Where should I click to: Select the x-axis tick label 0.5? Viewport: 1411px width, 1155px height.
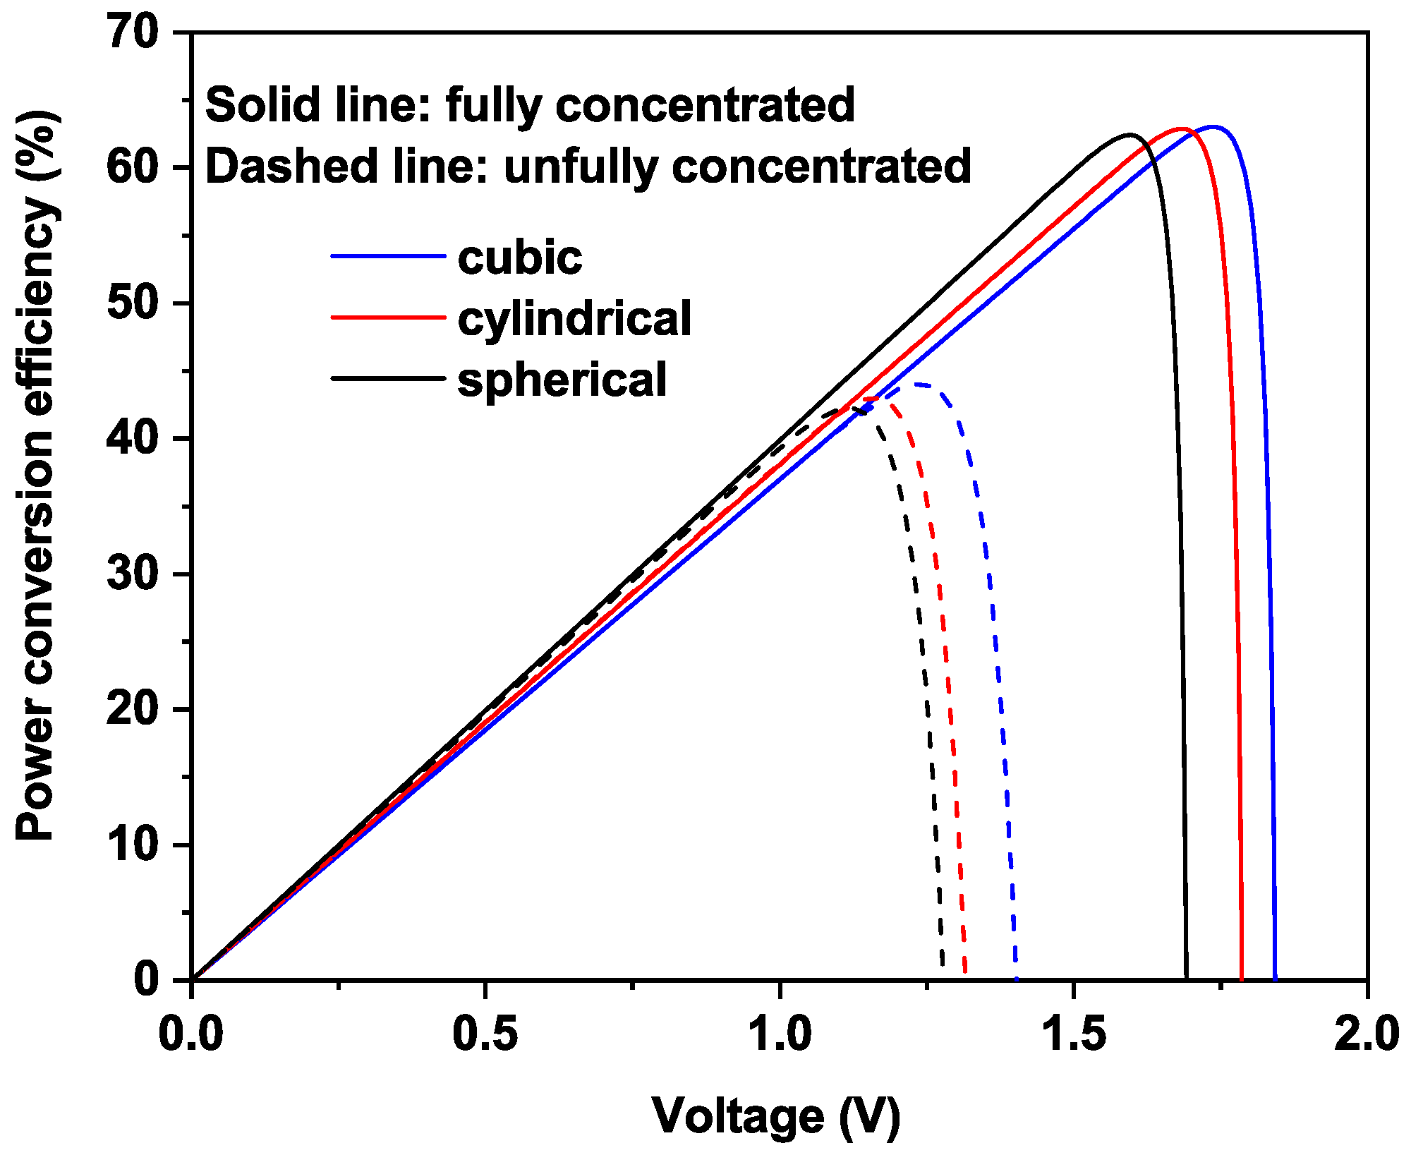(485, 1035)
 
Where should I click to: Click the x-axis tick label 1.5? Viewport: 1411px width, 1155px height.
(1073, 1035)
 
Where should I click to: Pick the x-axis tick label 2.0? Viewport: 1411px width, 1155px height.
(1366, 1035)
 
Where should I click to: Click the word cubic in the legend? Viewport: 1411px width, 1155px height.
(520, 258)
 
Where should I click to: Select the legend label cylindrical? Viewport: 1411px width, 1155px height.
(574, 319)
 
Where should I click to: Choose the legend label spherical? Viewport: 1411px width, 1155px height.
(562, 380)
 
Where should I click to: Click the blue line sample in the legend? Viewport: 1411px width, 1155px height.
(388, 256)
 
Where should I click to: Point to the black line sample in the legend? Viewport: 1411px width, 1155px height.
(388, 378)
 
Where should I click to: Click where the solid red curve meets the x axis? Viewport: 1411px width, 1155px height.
(1242, 979)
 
